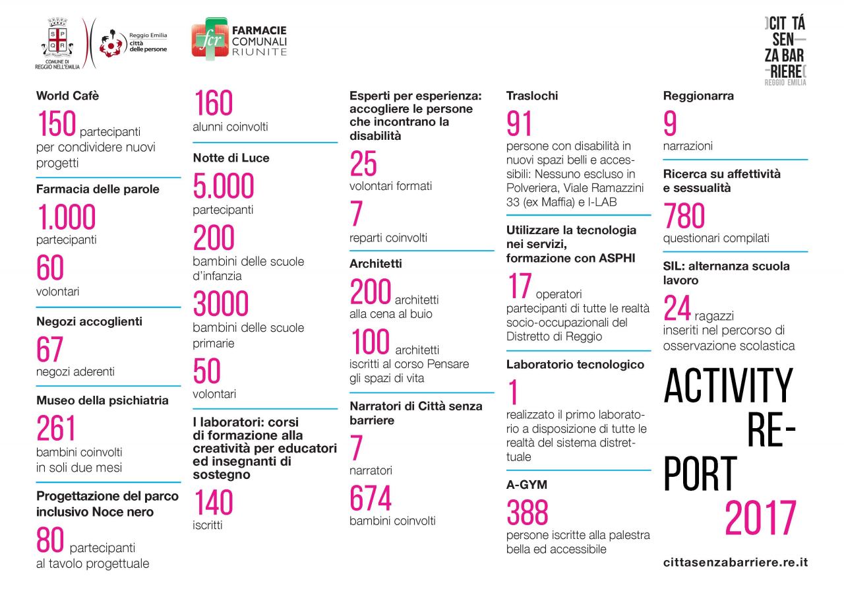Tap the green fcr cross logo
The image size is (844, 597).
click(x=208, y=40)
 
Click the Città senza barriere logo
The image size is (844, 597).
click(x=785, y=50)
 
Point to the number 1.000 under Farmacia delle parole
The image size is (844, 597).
click(x=66, y=218)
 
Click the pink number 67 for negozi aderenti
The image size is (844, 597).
click(x=50, y=350)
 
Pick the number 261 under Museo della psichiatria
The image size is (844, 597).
click(x=56, y=429)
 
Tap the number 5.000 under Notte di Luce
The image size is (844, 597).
click(x=223, y=187)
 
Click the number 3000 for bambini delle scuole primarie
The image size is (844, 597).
click(x=220, y=305)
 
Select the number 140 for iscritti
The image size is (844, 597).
click(x=213, y=503)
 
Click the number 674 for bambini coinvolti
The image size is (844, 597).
click(x=370, y=499)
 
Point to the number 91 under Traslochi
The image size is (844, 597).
click(x=519, y=124)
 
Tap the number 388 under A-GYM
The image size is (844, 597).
click(x=527, y=513)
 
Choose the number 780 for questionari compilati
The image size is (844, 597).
click(x=684, y=216)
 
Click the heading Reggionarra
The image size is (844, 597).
click(x=698, y=96)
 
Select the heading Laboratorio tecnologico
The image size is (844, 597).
click(x=575, y=364)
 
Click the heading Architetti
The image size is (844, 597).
click(x=375, y=263)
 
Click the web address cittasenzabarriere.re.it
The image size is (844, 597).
click(x=735, y=563)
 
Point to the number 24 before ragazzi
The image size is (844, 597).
click(x=677, y=308)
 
